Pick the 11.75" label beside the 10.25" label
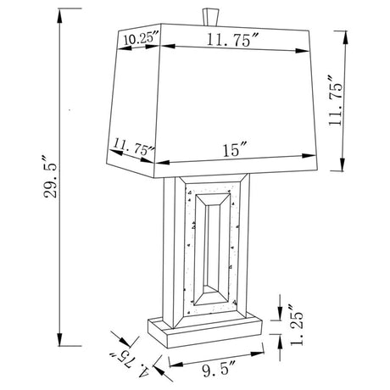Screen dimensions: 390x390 pos(231,38)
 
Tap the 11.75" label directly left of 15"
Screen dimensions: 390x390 pos(134,150)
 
